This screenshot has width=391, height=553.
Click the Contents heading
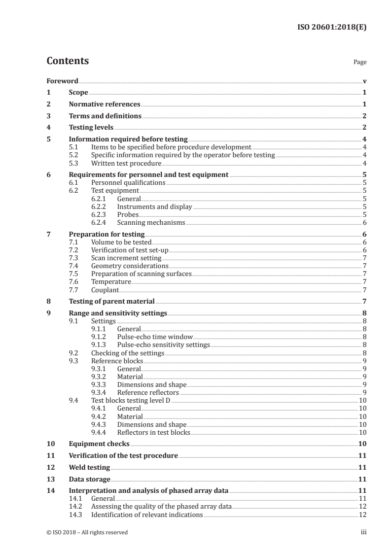68,61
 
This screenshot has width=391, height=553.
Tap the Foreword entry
62,81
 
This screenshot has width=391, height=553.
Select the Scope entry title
78,93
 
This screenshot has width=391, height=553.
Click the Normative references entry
105,104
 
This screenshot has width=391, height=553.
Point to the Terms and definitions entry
105,116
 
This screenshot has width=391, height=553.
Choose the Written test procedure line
126,163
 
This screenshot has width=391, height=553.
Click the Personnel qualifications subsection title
128,182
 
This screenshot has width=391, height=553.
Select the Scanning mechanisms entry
151,222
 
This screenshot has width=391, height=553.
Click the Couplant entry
105,290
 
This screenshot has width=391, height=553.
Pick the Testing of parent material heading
111,301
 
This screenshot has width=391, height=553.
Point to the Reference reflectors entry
148,392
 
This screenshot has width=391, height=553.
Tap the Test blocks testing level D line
131,400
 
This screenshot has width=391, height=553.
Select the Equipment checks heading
99,444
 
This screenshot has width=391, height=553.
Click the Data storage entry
89,479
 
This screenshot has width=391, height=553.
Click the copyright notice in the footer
87,532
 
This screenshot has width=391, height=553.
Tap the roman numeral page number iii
363,532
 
